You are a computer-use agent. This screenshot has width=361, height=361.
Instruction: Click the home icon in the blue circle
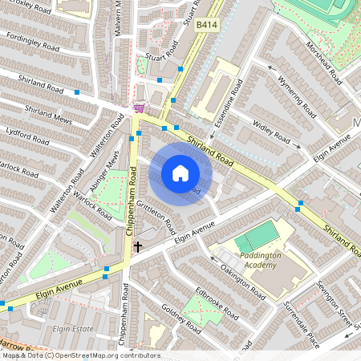(x=180, y=173)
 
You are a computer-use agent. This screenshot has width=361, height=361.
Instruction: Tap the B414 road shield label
(x=206, y=26)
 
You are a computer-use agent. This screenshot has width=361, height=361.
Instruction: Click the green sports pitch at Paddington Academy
(x=258, y=237)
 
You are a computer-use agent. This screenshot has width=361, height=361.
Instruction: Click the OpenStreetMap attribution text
(x=80, y=355)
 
